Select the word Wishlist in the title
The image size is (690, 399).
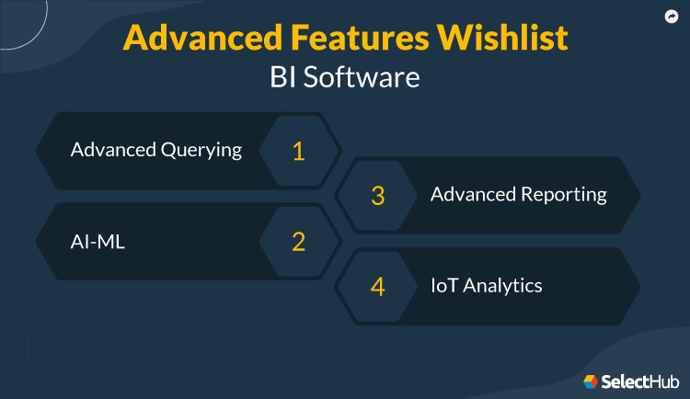pos(507,38)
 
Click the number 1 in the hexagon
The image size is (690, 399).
pos(298,151)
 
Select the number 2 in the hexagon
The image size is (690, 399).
pos(298,242)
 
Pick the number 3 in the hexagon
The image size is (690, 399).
pos(377,196)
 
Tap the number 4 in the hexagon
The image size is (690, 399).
pos(377,286)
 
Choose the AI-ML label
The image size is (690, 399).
pos(97,241)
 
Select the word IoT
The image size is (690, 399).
pos(445,285)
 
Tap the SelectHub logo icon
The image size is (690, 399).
pos(591,381)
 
